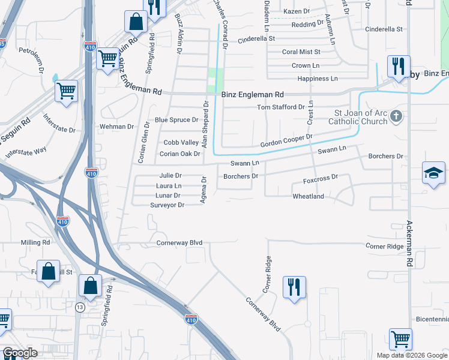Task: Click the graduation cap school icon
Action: pos(433,173)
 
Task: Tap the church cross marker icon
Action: pos(396,116)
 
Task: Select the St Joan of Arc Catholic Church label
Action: pos(360,118)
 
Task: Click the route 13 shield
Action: pos(80,307)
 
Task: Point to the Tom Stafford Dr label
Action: pos(281,107)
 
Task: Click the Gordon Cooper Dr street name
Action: pos(286,141)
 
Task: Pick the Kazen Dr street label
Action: pos(296,11)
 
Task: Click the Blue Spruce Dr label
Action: pos(176,120)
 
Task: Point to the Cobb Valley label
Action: pos(181,142)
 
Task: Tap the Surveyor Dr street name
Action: pos(167,205)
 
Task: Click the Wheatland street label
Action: pos(308,197)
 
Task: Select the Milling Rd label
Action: pos(35,242)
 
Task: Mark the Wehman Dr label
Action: pos(118,127)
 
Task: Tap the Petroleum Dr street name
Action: pos(32,61)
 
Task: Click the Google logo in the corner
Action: pos(20,353)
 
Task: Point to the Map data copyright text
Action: pos(412,355)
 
